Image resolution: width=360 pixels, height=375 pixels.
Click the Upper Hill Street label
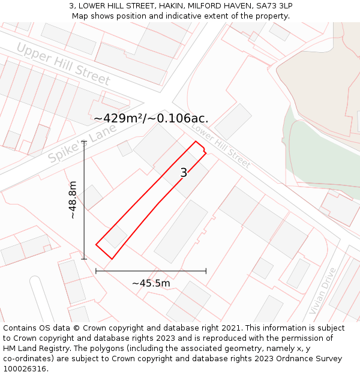point(63,64)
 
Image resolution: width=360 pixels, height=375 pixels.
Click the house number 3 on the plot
point(184,173)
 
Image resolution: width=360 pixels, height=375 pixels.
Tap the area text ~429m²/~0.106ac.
point(151,118)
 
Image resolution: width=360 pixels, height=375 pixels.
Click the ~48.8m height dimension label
point(73,200)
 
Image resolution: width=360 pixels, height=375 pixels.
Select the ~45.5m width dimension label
point(151,283)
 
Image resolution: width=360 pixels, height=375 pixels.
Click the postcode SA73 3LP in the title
point(274,5)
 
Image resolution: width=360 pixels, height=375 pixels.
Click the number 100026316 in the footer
point(24,369)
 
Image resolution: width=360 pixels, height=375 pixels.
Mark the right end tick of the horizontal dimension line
point(206,271)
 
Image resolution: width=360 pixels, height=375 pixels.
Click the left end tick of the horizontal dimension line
point(96,271)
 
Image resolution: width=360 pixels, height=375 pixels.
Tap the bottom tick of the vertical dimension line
point(84,259)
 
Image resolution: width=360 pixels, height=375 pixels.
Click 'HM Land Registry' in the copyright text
point(34,349)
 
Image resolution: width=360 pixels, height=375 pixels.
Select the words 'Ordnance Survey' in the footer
point(311,359)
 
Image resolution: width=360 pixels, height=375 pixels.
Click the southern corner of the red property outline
point(112,259)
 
